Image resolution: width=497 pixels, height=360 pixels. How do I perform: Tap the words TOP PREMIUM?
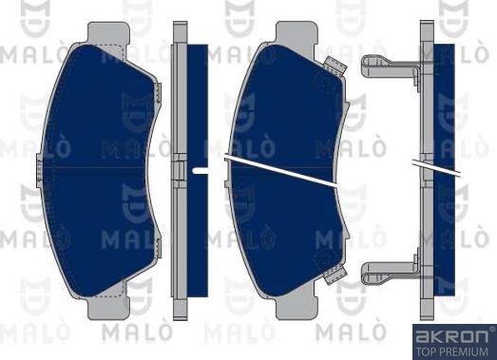[452, 350]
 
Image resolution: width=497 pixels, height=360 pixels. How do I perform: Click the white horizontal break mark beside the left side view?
[201, 170]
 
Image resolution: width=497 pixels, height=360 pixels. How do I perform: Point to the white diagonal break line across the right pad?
[285, 166]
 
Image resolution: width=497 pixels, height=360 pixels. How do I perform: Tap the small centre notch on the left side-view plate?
[180, 170]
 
